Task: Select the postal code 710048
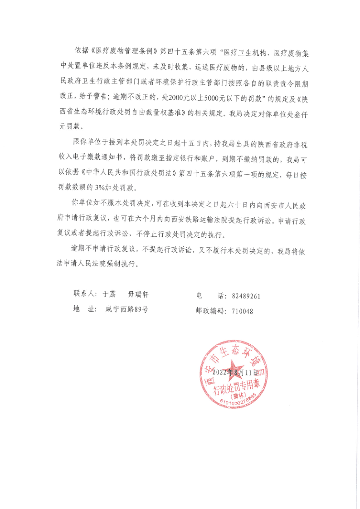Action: pos(242,311)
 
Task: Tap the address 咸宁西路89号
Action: pos(126,309)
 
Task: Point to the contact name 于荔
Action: pos(109,294)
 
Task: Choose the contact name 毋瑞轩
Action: pos(139,294)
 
